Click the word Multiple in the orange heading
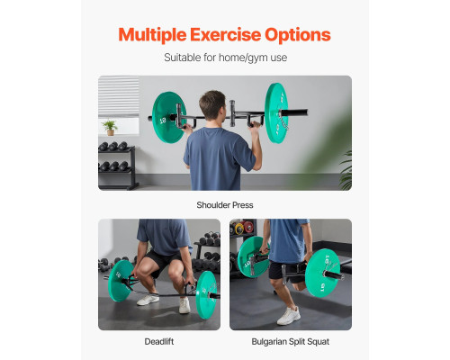(152, 35)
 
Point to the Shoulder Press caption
(225, 205)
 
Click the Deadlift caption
(159, 341)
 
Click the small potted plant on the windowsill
(110, 128)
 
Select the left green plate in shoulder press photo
(168, 117)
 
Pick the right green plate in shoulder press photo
(276, 112)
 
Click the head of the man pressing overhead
(212, 105)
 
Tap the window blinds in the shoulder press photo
(119, 96)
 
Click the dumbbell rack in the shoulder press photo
(117, 166)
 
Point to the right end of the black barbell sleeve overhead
(307, 112)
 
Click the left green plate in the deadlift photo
(121, 281)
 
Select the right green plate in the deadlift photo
(206, 294)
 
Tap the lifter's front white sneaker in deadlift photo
(184, 305)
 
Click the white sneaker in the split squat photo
(288, 316)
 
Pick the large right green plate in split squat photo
(322, 273)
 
